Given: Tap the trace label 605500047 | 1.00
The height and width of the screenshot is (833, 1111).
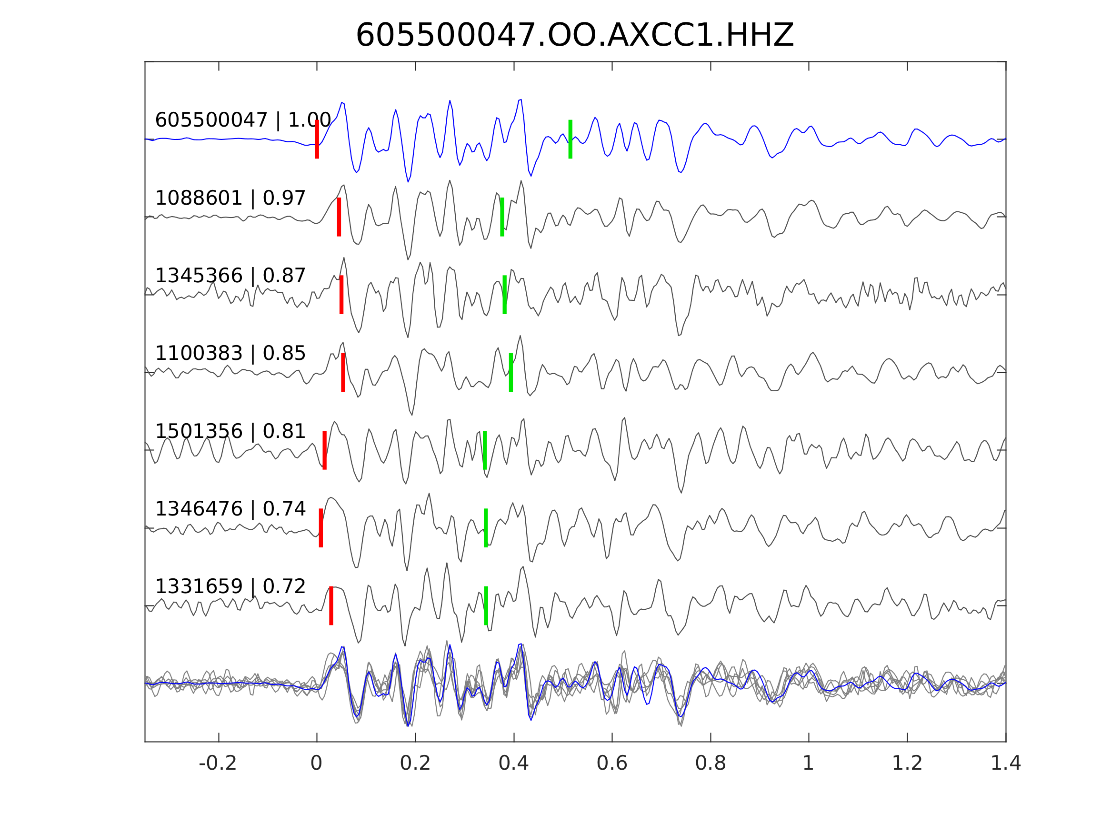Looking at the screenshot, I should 242,120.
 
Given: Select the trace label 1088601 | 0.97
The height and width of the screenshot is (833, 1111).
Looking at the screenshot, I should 230,198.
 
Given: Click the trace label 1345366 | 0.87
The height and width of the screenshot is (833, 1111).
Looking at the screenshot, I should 230,276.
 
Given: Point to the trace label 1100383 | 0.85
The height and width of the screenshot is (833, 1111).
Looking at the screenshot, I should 230,354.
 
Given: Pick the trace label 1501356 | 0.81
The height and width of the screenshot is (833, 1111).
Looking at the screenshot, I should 230,431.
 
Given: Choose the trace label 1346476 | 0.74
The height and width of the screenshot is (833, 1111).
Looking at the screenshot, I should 230,509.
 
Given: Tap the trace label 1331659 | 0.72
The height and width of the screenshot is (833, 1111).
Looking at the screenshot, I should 230,586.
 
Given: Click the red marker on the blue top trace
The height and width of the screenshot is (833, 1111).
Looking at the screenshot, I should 317,139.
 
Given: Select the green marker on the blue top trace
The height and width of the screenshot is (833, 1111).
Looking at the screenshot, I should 570,139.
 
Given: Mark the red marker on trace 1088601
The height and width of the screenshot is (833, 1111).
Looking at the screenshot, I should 339,217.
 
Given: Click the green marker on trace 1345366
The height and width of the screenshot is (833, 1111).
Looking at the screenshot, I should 505,295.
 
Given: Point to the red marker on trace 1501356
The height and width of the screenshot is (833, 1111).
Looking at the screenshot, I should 324,450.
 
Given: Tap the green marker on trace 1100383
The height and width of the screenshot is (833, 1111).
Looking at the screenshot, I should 511,373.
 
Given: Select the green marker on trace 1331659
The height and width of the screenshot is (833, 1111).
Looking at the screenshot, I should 486,605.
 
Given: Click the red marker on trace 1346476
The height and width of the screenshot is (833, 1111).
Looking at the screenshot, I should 321,528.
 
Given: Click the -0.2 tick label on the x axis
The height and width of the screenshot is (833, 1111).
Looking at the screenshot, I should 218,764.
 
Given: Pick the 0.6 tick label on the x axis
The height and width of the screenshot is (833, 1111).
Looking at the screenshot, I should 612,764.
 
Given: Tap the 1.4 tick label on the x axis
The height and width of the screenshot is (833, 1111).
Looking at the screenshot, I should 1006,764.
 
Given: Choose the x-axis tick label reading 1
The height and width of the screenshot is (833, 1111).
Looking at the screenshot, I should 808,764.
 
